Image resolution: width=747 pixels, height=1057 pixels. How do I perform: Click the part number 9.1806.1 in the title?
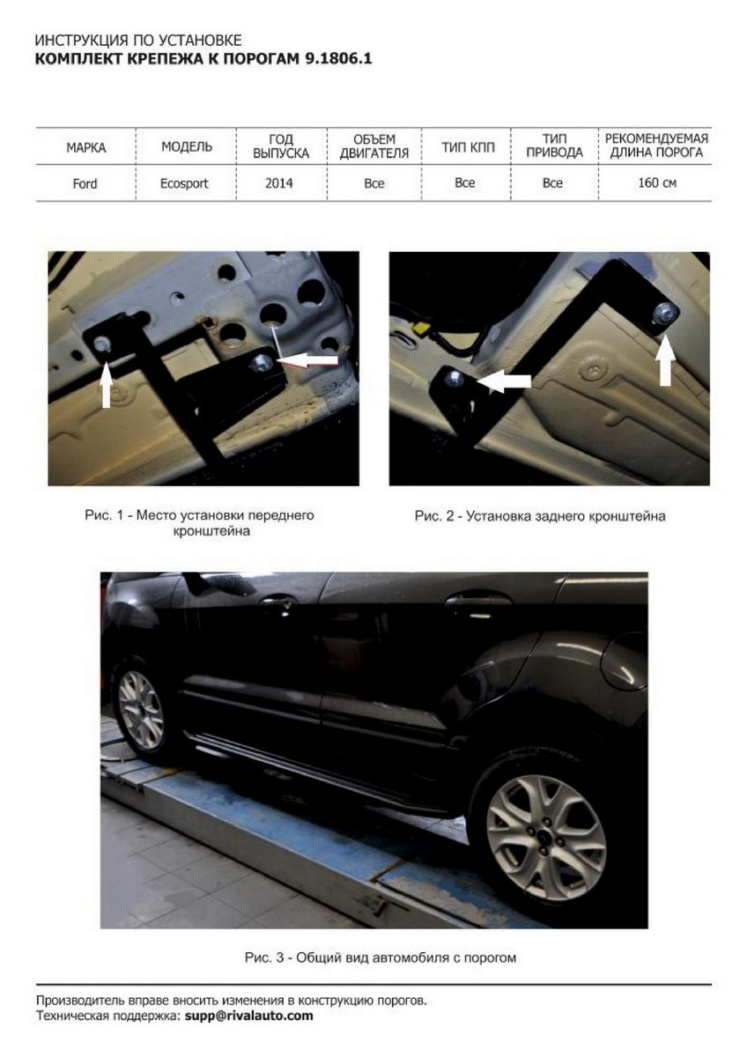[337, 59]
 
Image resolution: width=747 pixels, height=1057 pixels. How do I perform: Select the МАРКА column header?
[85, 148]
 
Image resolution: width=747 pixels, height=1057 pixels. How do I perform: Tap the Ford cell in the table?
[85, 183]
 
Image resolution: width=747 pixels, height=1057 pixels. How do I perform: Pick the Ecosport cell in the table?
[184, 183]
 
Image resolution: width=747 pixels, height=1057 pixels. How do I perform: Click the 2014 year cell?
[279, 183]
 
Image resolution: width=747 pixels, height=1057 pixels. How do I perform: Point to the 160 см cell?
[657, 182]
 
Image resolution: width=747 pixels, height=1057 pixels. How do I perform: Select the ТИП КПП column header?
[468, 148]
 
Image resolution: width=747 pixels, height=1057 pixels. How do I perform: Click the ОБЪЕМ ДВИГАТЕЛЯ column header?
[374, 146]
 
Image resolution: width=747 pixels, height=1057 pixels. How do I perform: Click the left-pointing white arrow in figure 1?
[307, 360]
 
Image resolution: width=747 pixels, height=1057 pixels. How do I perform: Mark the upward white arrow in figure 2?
[665, 358]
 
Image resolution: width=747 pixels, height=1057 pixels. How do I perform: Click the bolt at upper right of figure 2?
[666, 312]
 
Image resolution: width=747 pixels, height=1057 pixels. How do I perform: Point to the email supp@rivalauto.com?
[248, 1016]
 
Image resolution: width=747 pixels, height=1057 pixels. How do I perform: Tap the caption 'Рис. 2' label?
[434, 516]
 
